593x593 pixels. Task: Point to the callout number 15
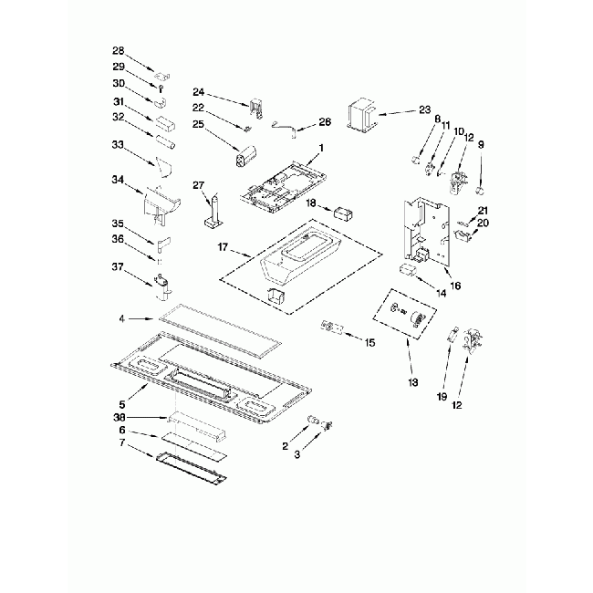point(369,343)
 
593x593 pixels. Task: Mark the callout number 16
point(454,286)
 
